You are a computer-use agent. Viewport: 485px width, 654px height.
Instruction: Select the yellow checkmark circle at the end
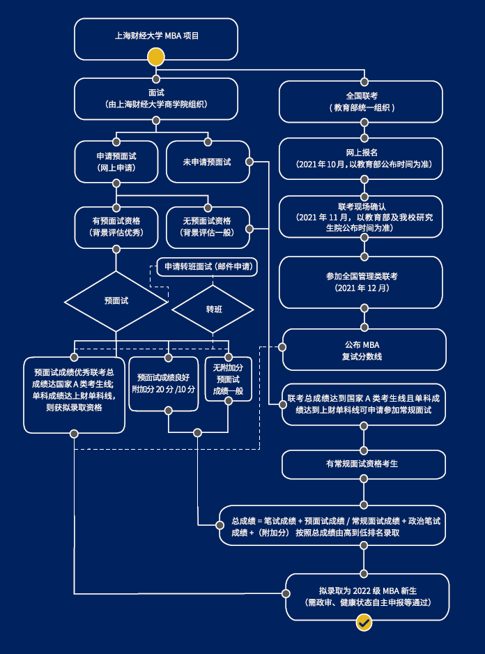tap(364, 623)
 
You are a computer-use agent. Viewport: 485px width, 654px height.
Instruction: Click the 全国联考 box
tap(362, 102)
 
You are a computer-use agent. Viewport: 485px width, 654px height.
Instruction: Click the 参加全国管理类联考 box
tap(362, 282)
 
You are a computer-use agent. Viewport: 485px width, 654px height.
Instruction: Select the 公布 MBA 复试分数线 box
tap(363, 350)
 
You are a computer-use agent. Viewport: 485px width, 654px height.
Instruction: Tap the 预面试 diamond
tap(116, 301)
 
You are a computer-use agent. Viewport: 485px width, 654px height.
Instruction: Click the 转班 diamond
tap(213, 309)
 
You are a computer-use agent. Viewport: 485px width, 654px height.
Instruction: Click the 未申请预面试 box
tap(207, 162)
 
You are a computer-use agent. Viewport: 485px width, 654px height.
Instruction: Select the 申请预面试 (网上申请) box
tap(116, 162)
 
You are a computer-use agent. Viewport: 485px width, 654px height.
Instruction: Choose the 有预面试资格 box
tap(116, 227)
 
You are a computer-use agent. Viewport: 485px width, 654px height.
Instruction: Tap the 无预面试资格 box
tap(207, 227)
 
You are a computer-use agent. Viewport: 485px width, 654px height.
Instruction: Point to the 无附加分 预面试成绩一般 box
tap(228, 379)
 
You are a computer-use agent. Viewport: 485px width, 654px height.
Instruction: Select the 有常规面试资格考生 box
tap(363, 464)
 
